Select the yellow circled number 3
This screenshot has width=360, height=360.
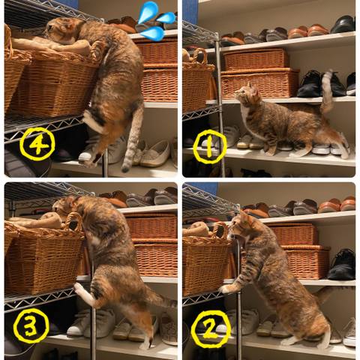pyautogui.click(x=31, y=325)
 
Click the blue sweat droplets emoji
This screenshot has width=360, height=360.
pyautogui.click(x=157, y=21)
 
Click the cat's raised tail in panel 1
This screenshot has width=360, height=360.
pyautogui.click(x=327, y=92)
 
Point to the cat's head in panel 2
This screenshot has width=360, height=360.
pyautogui.click(x=241, y=227)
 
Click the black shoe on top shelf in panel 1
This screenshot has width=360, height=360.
pyautogui.click(x=343, y=24)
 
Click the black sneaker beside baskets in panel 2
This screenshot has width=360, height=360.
pyautogui.click(x=342, y=265)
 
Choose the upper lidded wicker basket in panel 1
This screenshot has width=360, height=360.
pyautogui.click(x=255, y=59)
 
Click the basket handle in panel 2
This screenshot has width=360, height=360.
pyautogui.click(x=220, y=231)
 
